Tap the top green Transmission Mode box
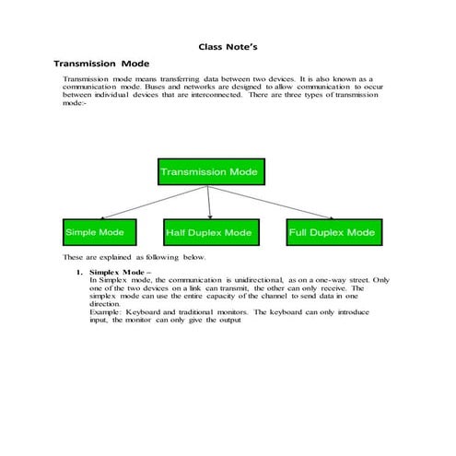(x=211, y=171)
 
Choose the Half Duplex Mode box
(x=209, y=233)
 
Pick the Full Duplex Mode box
(x=332, y=232)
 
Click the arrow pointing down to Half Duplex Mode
(x=211, y=203)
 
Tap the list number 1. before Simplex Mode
(x=80, y=274)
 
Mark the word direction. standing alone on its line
(x=105, y=304)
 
